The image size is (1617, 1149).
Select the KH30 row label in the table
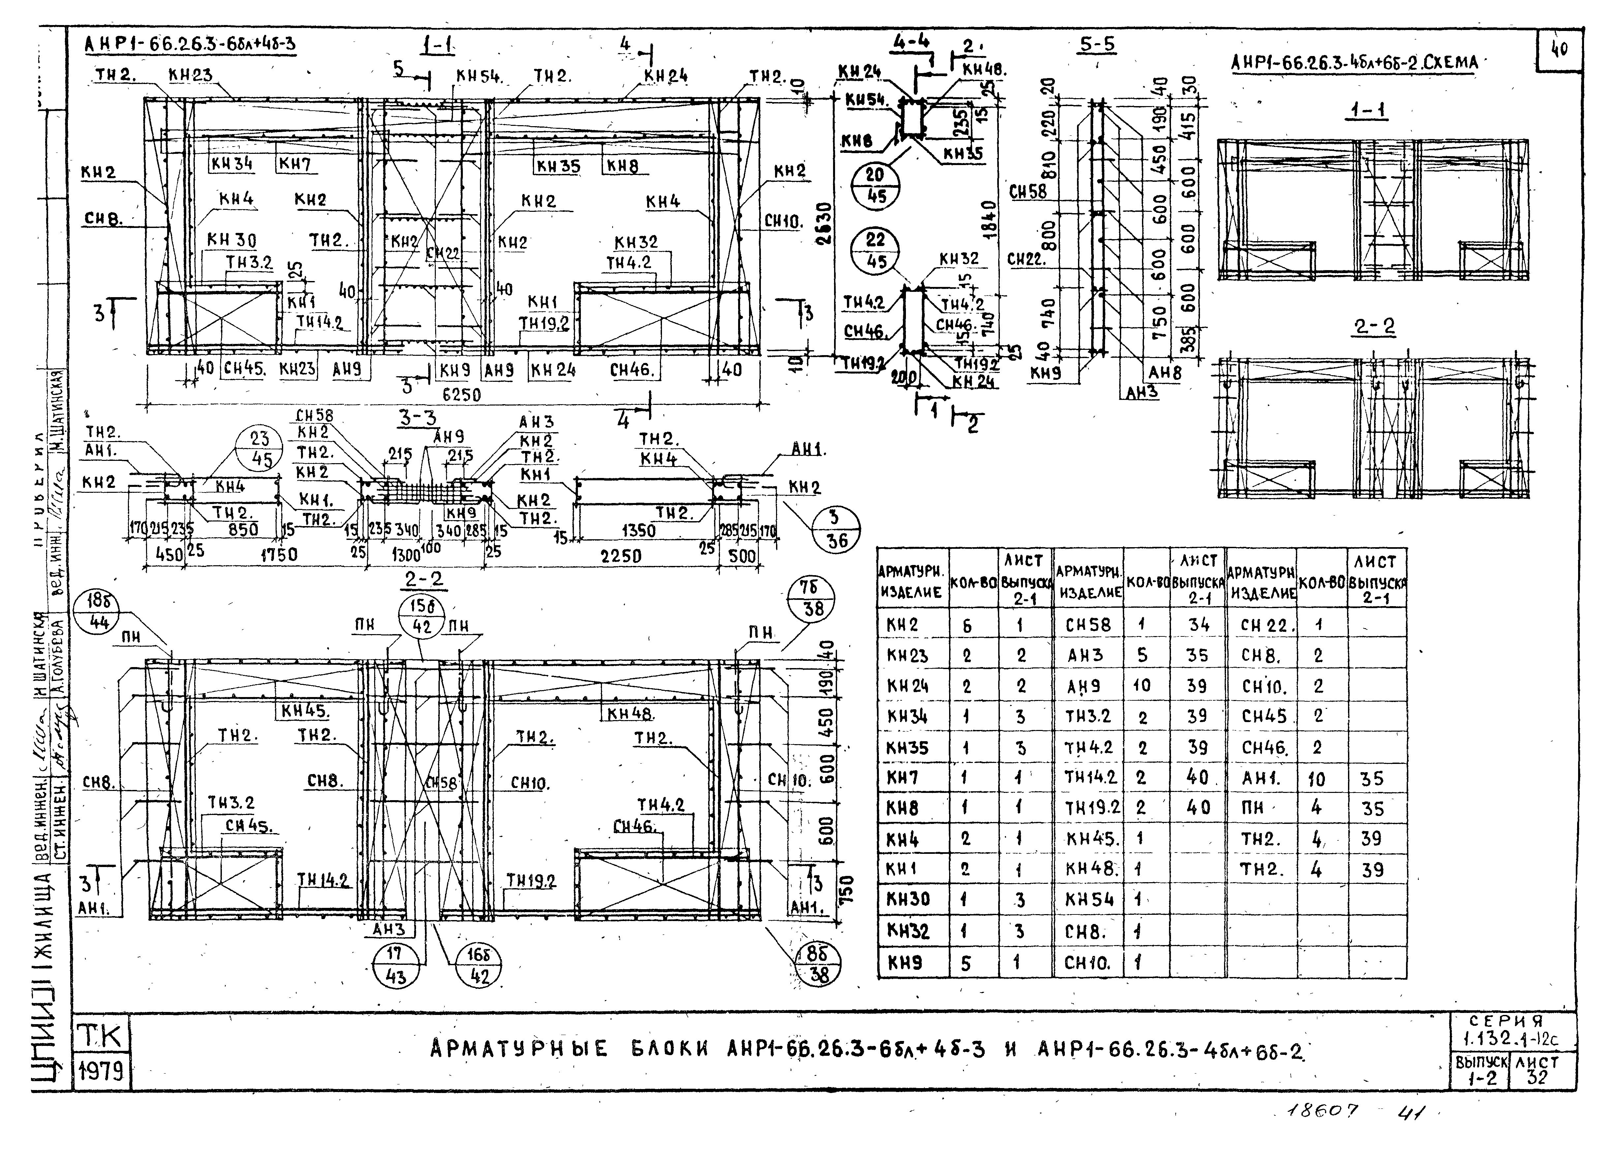pyautogui.click(x=908, y=899)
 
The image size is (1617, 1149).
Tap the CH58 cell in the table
pyautogui.click(x=1088, y=625)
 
